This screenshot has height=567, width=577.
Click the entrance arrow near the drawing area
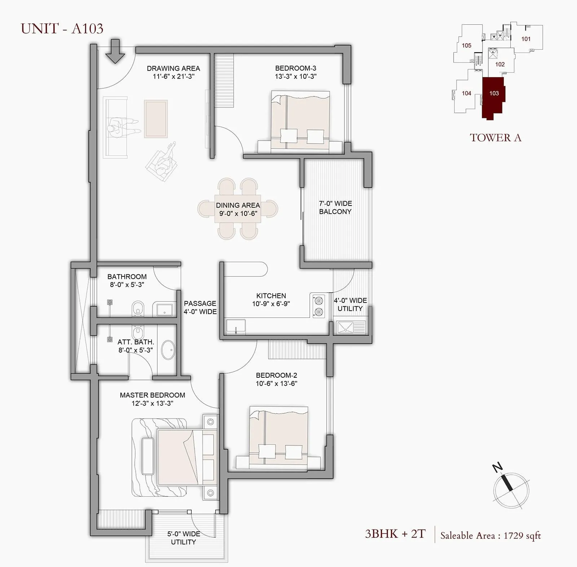115,52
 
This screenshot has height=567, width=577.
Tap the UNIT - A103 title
62,28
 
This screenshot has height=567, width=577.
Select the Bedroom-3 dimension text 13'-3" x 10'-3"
295,76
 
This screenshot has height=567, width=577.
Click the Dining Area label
238,205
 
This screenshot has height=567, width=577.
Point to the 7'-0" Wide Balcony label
335,208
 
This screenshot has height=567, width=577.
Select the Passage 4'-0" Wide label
200,307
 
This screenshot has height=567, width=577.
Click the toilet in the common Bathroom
137,309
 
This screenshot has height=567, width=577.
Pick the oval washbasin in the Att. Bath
168,350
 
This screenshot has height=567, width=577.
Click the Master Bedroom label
152,395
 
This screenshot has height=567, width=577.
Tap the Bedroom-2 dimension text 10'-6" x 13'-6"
276,384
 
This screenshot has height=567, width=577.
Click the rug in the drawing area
156,119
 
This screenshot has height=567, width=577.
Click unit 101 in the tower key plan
526,39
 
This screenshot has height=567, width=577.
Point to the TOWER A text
495,138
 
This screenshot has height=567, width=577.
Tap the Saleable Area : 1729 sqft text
490,536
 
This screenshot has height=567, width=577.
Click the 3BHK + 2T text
395,533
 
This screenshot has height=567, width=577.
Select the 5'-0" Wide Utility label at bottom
183,538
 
